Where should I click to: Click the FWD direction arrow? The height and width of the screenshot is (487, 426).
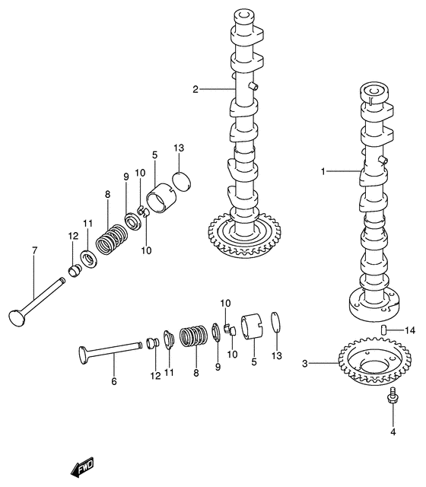point(83,467)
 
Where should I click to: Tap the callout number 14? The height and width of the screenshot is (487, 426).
point(410,330)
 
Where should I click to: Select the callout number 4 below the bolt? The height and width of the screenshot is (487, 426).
point(393,431)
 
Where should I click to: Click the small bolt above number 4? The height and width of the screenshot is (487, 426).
point(393,396)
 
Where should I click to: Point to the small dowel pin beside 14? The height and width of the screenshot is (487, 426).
point(384,329)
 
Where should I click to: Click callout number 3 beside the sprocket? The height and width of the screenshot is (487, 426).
point(305,364)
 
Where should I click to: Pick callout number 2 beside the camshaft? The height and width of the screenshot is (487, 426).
point(196,90)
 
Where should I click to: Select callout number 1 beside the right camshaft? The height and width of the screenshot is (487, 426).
point(323,171)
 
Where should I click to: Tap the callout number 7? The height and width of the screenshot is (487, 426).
point(34,250)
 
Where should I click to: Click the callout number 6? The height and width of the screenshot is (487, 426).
point(114,381)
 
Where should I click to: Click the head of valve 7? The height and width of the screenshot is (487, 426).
point(17,318)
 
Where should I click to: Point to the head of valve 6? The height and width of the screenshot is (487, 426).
point(84,355)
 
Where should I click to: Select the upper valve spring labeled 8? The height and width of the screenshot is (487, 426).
point(111,240)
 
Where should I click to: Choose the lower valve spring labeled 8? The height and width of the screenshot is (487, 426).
point(193,336)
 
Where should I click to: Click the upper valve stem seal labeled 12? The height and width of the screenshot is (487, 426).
point(75,270)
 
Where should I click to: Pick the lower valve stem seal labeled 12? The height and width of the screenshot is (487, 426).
point(153,343)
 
